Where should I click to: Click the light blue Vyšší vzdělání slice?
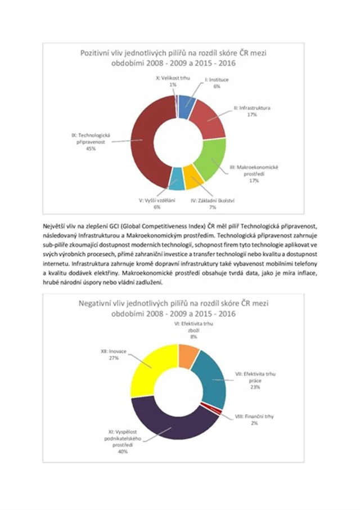click(177, 180)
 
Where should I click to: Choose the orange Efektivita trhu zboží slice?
click(188, 355)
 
